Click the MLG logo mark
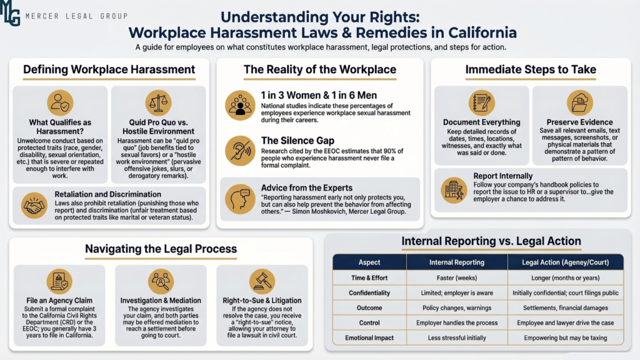[10, 13]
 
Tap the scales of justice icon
[158, 103]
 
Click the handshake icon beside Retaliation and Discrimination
[34, 205]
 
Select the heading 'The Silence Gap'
[297, 141]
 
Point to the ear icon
[240, 151]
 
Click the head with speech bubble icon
[240, 199]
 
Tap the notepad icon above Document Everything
[482, 103]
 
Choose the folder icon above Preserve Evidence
[579, 103]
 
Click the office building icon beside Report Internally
[454, 190]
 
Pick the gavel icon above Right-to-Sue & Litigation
[262, 281]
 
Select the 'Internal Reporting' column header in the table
[457, 262]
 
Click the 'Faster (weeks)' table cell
[457, 278]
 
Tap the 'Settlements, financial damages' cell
[565, 307]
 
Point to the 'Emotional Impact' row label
[369, 338]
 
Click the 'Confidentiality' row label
[369, 293]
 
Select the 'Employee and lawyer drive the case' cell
[565, 323]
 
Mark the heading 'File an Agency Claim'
[59, 301]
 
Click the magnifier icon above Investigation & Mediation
[161, 281]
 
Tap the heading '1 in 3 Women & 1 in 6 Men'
[319, 95]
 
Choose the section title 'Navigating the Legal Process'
[161, 249]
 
